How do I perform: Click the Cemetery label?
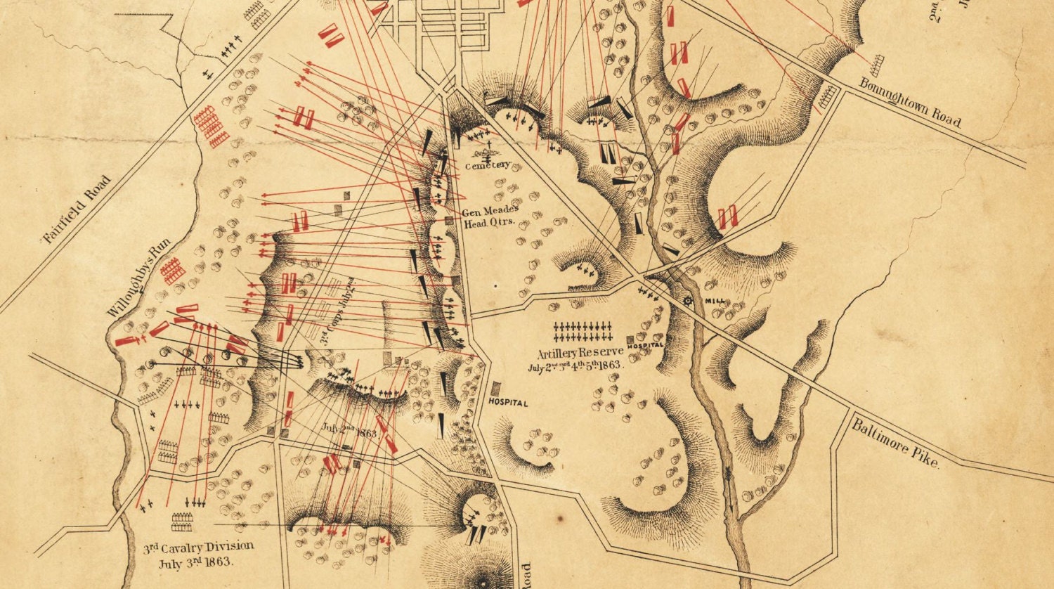pyautogui.click(x=486, y=166)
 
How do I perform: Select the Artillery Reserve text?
pyautogui.click(x=580, y=352)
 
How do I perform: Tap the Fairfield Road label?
pyautogui.click(x=77, y=209)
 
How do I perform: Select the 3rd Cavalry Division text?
pyautogui.click(x=199, y=547)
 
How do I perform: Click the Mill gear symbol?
pyautogui.click(x=688, y=301)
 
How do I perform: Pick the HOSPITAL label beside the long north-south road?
pyautogui.click(x=508, y=403)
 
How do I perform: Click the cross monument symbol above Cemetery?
pyautogui.click(x=486, y=150)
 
